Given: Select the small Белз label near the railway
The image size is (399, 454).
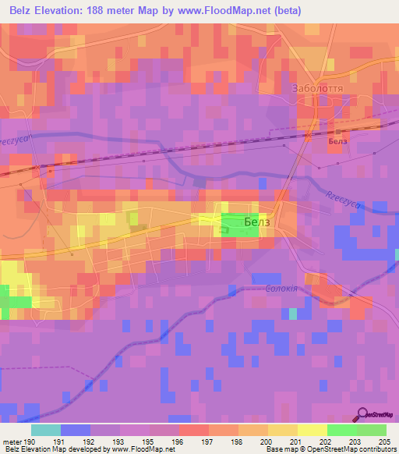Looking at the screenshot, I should pyautogui.click(x=337, y=142).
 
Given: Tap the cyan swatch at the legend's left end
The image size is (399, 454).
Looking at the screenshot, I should pyautogui.click(x=46, y=430).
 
